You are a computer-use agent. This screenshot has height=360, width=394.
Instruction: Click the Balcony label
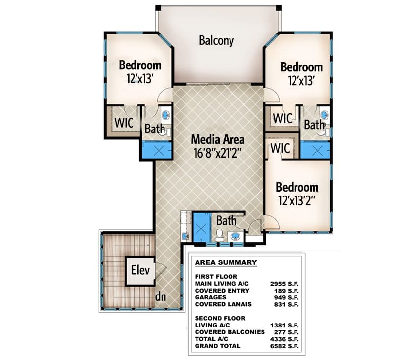click(x=216, y=40)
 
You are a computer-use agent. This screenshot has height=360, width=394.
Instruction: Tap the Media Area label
click(x=218, y=140)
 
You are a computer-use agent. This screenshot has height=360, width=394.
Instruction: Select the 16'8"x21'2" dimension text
click(x=218, y=152)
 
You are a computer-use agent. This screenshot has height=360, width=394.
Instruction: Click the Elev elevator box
click(x=140, y=270)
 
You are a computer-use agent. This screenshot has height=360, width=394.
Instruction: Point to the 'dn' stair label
click(x=160, y=297)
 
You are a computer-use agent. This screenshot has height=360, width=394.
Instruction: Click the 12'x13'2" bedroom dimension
click(x=296, y=200)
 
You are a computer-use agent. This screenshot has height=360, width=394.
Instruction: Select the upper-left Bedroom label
click(x=140, y=65)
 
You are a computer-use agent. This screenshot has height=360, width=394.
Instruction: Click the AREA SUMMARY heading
click(x=226, y=262)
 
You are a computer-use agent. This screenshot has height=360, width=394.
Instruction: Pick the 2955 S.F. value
click(x=284, y=284)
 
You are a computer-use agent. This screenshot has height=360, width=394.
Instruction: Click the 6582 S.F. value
click(x=284, y=346)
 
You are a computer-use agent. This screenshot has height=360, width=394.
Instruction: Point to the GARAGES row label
click(x=211, y=297)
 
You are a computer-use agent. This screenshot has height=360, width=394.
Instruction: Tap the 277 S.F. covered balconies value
click(x=284, y=332)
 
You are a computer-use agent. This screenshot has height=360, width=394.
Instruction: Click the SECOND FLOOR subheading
click(x=220, y=318)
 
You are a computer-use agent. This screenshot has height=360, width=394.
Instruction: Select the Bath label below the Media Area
click(x=226, y=220)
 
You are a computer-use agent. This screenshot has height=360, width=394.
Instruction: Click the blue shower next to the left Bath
click(x=157, y=150)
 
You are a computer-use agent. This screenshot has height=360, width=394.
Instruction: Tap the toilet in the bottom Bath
click(x=220, y=235)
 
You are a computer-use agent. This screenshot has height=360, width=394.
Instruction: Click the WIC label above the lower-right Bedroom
click(x=279, y=148)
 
